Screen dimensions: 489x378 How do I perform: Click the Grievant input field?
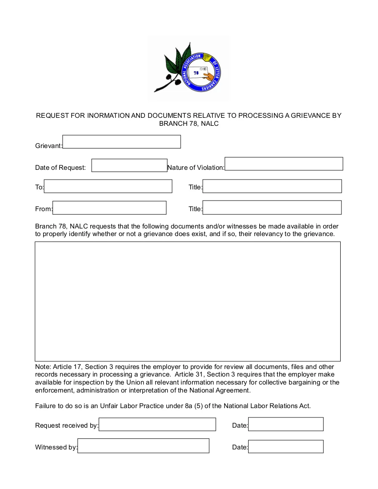[121, 142]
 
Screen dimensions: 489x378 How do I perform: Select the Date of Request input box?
[129, 165]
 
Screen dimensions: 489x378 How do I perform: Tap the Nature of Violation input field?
[284, 164]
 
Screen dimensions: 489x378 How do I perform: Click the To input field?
[108, 186]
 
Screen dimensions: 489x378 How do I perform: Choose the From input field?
[109, 208]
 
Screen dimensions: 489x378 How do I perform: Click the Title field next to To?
[272, 186]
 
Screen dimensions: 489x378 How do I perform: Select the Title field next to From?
[272, 208]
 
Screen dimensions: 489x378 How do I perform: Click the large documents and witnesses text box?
[188, 301]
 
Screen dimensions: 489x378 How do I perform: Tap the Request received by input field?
[157, 425]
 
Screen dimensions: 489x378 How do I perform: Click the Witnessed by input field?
[143, 446]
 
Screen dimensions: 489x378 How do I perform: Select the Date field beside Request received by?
[286, 425]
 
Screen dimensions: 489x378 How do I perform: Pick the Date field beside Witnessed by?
[286, 446]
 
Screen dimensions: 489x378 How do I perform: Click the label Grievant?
[48, 146]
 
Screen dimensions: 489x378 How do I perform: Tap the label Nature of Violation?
[196, 168]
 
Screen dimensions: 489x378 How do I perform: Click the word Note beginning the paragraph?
[43, 367]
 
